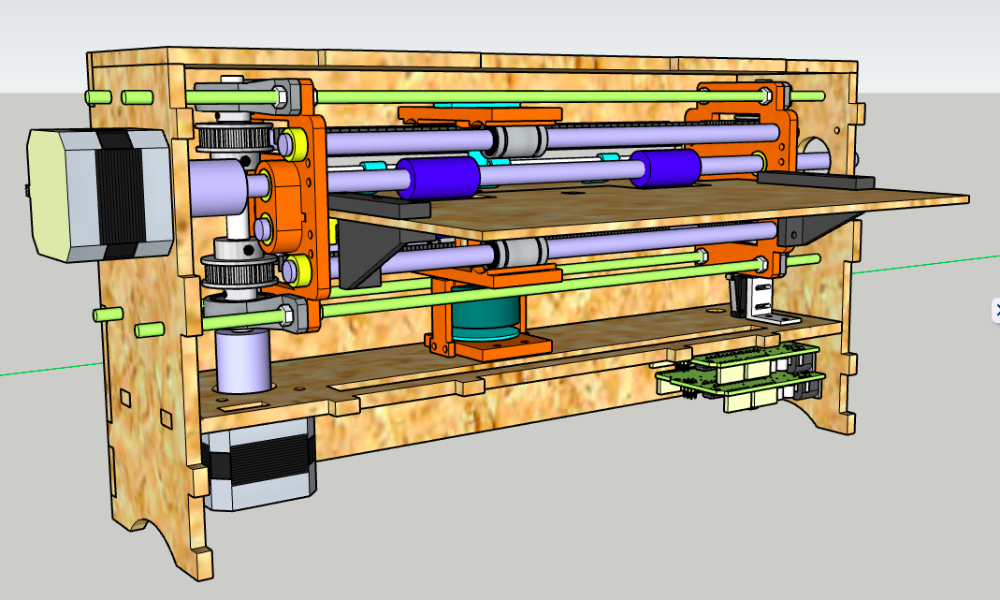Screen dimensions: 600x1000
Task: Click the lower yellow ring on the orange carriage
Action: click(298, 268)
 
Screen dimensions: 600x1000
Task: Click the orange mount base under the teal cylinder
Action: click(486, 348)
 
